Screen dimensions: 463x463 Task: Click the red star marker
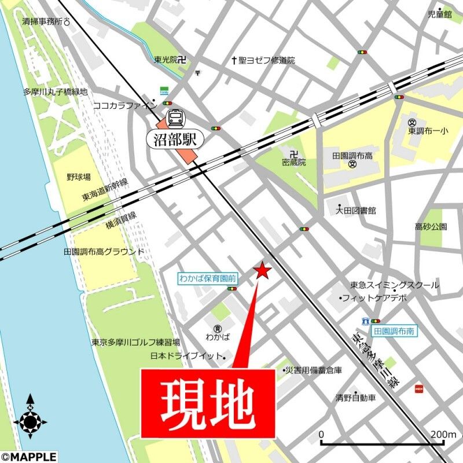(x=263, y=271)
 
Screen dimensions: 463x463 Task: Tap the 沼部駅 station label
(x=176, y=138)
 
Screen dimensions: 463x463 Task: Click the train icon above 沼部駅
(x=174, y=117)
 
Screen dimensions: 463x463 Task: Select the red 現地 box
(x=208, y=403)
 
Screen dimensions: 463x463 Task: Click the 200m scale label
(x=444, y=434)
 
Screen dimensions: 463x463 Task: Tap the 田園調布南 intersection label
(x=395, y=332)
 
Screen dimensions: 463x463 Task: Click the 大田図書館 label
(x=356, y=210)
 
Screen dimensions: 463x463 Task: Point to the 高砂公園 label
(x=431, y=226)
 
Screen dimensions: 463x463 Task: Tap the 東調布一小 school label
(x=428, y=131)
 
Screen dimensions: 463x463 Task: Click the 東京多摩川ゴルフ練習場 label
(x=135, y=342)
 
